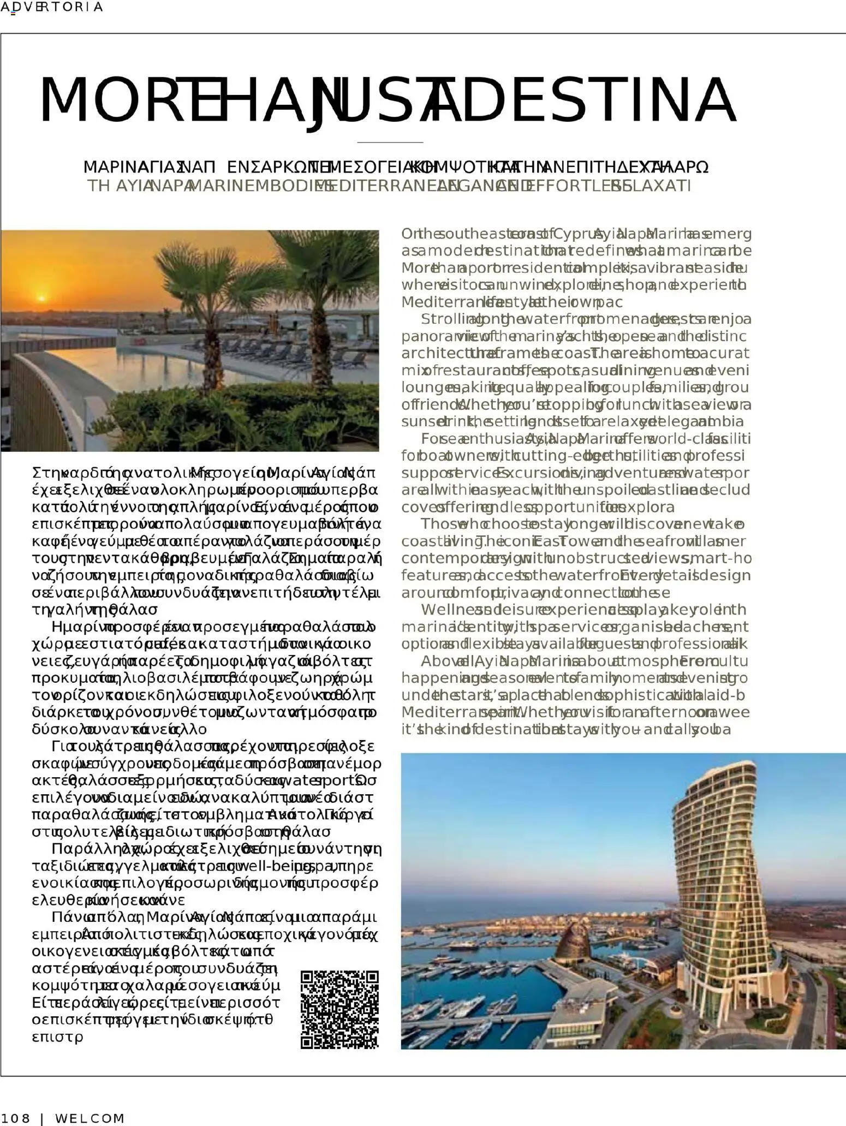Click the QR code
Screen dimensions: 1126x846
[x=339, y=1009]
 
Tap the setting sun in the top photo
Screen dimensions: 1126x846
[x=41, y=298]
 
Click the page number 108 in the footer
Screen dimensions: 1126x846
[x=16, y=1118]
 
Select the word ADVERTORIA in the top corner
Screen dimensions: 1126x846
[x=51, y=7]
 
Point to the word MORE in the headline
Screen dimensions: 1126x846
[x=109, y=101]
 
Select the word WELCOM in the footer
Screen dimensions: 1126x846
[x=90, y=1118]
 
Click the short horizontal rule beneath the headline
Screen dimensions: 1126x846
[x=390, y=142]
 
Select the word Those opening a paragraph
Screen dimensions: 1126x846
[x=437, y=525]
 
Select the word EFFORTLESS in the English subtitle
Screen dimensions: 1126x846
[x=562, y=186]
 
